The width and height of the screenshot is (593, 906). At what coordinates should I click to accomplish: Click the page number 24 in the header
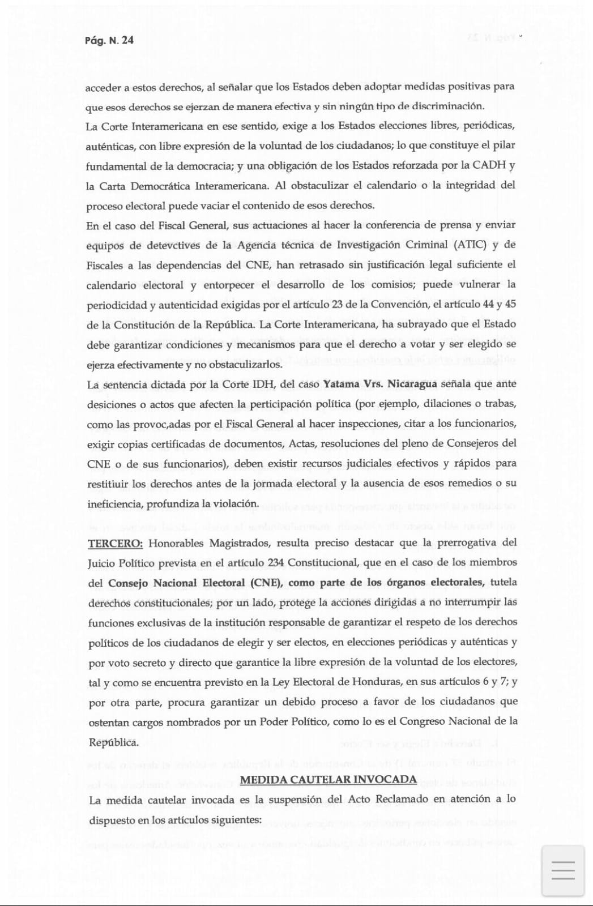point(127,40)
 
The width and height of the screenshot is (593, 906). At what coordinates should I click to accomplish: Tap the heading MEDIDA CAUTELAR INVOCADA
point(328,780)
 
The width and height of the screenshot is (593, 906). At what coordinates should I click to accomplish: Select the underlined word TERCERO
point(115,544)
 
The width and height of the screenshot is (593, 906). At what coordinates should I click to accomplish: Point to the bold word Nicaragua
point(412,384)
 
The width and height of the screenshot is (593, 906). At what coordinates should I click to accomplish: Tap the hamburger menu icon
point(562,870)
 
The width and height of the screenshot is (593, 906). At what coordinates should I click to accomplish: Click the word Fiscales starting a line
point(104,265)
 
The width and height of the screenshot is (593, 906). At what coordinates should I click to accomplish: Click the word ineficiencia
point(114,504)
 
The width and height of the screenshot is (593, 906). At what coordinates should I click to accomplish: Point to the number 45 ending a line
point(510,304)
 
